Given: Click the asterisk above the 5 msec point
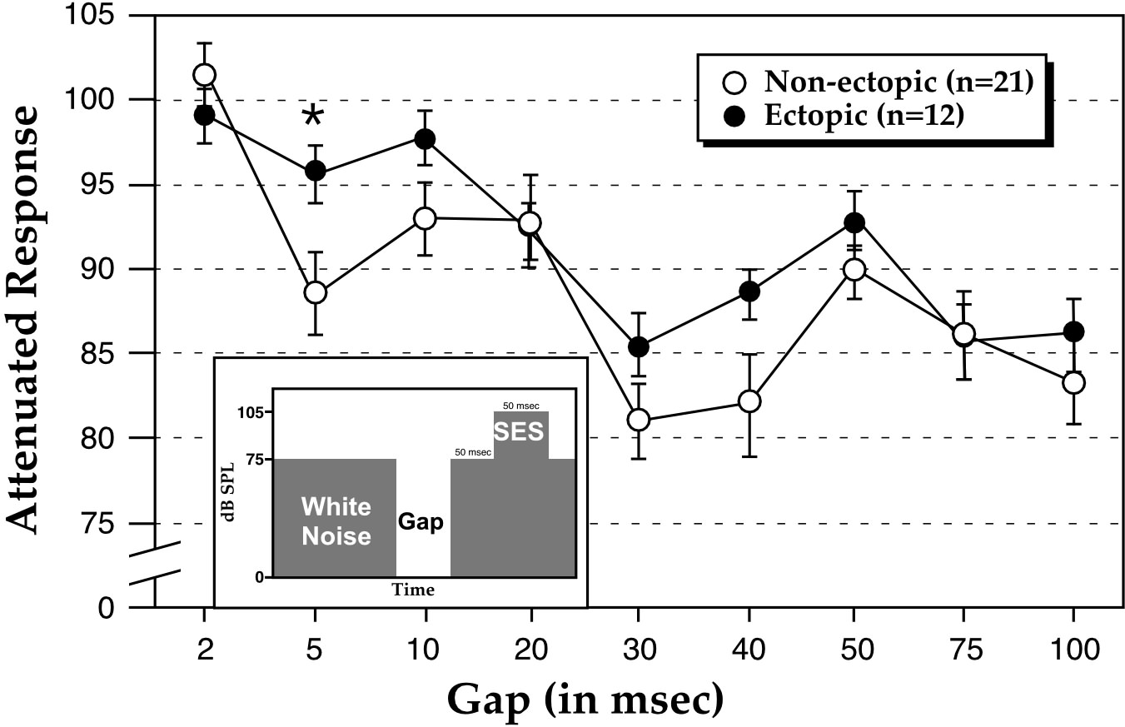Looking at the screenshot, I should (x=313, y=117).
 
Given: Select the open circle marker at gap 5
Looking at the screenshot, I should (x=315, y=292).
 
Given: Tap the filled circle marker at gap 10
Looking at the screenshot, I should (x=426, y=138).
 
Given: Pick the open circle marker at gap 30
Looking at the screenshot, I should (x=639, y=420).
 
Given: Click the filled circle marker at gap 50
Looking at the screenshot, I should (x=854, y=222).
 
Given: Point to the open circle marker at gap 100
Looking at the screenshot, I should (x=1073, y=382).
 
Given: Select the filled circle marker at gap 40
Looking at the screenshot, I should (x=749, y=291).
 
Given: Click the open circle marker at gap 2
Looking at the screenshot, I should (x=204, y=75).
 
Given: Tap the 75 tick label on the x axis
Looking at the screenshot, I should (x=963, y=650).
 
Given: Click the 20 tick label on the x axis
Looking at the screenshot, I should (x=530, y=650).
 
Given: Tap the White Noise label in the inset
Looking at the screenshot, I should (x=336, y=520).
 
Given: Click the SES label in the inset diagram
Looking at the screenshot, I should (x=518, y=432).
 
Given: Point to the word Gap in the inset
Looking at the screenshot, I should (x=421, y=522).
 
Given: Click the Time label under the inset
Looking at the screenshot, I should (x=414, y=590).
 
